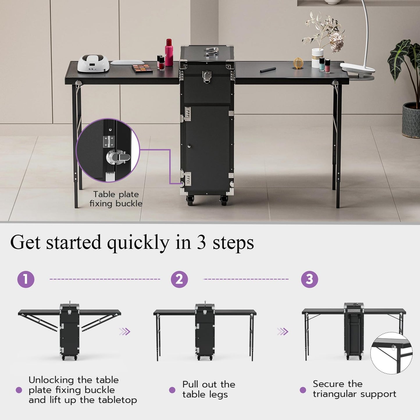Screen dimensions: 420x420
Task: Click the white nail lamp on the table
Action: [x=93, y=63]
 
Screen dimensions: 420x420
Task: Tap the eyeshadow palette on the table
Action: [x=142, y=68]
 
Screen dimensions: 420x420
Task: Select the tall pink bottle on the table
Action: [x=169, y=53]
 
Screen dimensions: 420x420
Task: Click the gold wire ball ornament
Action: [x=298, y=63]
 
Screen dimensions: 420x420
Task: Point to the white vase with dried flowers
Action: [x=317, y=58]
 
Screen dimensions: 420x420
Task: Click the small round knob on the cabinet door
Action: [x=189, y=146]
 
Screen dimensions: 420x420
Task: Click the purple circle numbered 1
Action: [x=26, y=279]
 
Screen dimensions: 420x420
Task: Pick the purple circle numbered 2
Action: [x=179, y=279]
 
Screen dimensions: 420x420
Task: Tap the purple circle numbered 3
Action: [x=310, y=279]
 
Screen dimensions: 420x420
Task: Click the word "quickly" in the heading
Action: [x=138, y=242]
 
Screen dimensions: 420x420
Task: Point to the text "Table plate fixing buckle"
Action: [x=116, y=199]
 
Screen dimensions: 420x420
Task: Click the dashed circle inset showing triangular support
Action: [x=391, y=353]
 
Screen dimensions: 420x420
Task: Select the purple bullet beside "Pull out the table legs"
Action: [x=172, y=390]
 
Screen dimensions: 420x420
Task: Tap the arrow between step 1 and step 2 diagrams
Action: [x=125, y=331]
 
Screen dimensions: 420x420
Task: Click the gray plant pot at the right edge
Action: [x=411, y=120]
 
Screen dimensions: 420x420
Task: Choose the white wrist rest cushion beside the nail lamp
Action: [x=127, y=62]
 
